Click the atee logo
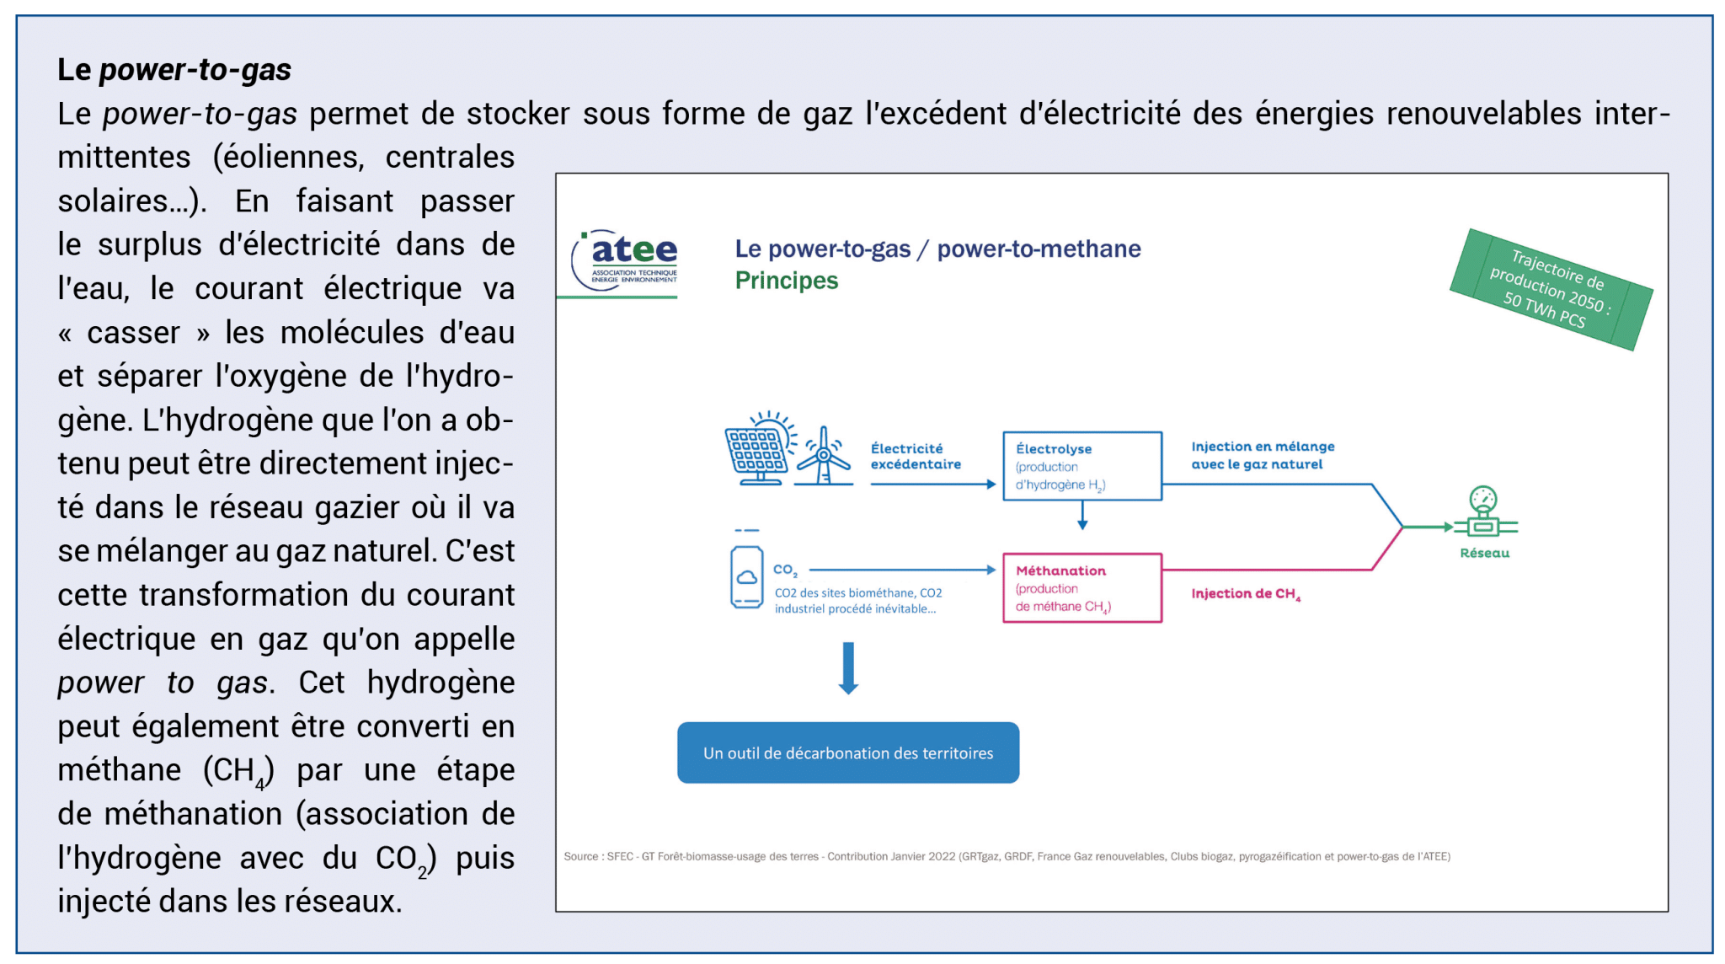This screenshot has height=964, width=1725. tap(625, 260)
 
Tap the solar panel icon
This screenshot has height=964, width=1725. tap(757, 451)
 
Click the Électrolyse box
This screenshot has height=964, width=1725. tap(1081, 466)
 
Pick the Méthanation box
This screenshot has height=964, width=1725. tap(1081, 587)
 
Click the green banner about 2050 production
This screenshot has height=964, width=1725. tap(1551, 289)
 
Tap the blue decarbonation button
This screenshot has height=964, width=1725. tap(848, 752)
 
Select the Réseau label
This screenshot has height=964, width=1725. tap(1484, 554)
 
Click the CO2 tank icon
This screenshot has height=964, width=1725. tap(746, 576)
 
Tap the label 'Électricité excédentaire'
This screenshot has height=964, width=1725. tap(916, 456)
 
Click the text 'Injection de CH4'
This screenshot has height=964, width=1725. tap(1245, 594)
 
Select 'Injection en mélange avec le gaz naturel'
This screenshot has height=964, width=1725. tap(1262, 455)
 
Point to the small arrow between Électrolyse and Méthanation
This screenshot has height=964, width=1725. tap(1082, 515)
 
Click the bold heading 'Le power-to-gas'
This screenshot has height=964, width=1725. tap(174, 70)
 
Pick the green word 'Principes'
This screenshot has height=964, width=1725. tap(786, 281)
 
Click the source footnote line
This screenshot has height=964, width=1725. tap(1007, 856)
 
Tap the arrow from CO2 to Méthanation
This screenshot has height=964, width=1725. tap(901, 570)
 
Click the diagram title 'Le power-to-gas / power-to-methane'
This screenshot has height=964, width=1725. tap(937, 249)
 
